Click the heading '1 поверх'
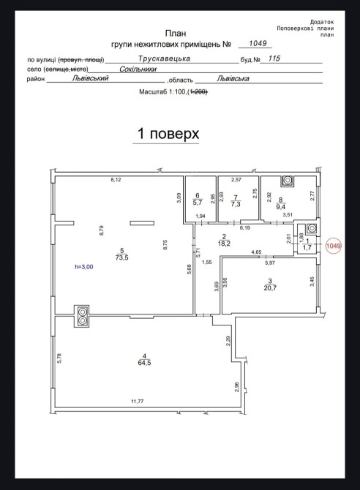(168, 134)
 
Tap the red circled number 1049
(333, 246)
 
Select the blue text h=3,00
(84, 267)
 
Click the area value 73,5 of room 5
(122, 258)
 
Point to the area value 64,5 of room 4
(144, 363)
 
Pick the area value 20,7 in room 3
(270, 288)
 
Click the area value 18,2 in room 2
(224, 244)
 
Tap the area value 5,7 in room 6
(197, 203)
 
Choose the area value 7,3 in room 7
(236, 204)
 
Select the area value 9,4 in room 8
(280, 207)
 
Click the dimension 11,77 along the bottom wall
(138, 402)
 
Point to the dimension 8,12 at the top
(116, 180)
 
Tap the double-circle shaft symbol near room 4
(82, 316)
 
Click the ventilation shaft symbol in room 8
(288, 181)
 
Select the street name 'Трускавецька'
(164, 59)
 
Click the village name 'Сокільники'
(138, 69)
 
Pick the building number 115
(274, 59)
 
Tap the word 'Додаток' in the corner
(322, 22)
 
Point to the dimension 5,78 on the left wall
(59, 358)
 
